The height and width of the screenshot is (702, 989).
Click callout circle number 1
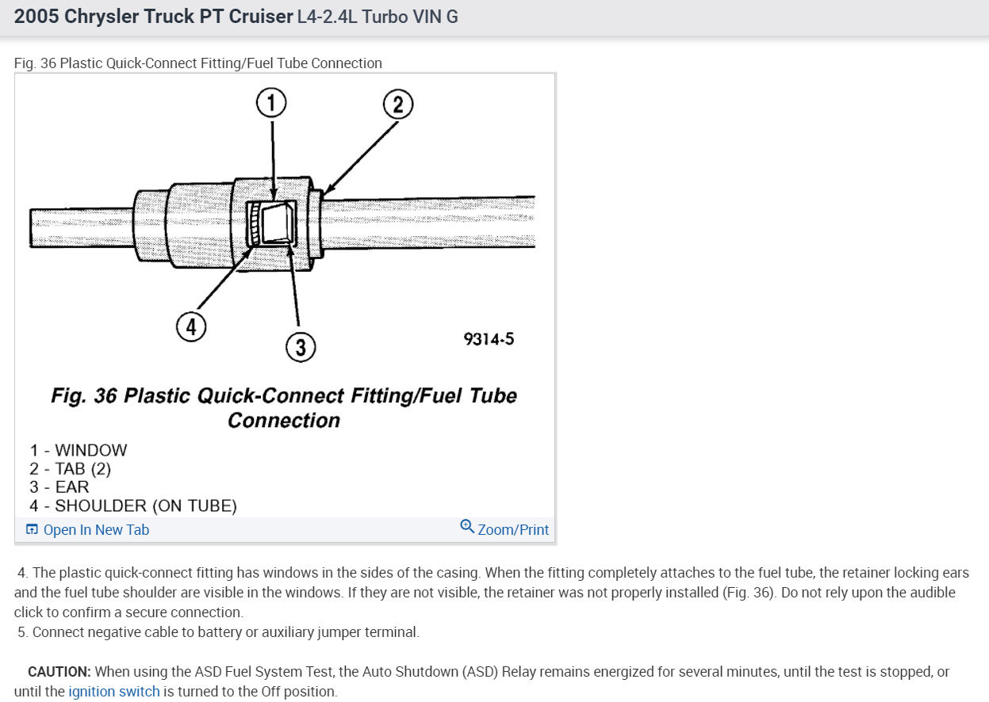click(271, 103)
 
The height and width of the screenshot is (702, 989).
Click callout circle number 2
click(398, 105)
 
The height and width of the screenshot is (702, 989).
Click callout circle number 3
click(301, 346)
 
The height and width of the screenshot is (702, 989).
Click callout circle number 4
click(191, 326)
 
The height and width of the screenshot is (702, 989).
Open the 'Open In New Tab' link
click(95, 530)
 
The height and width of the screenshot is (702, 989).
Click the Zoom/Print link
click(513, 530)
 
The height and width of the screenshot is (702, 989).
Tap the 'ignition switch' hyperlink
click(114, 692)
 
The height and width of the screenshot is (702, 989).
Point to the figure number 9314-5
click(489, 339)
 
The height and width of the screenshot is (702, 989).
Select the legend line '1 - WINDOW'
click(79, 450)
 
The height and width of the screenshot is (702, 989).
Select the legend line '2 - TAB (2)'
click(71, 468)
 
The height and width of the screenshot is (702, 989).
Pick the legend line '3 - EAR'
click(59, 487)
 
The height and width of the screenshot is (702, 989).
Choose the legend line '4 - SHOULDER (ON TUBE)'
click(133, 506)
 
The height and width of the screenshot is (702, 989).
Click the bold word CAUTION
click(59, 672)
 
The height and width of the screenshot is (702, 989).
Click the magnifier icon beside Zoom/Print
click(467, 527)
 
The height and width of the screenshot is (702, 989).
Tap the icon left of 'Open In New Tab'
click(32, 530)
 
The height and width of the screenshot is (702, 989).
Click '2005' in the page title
click(36, 16)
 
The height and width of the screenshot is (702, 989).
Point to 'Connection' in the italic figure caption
click(284, 420)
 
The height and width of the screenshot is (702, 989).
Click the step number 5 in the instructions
click(23, 632)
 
